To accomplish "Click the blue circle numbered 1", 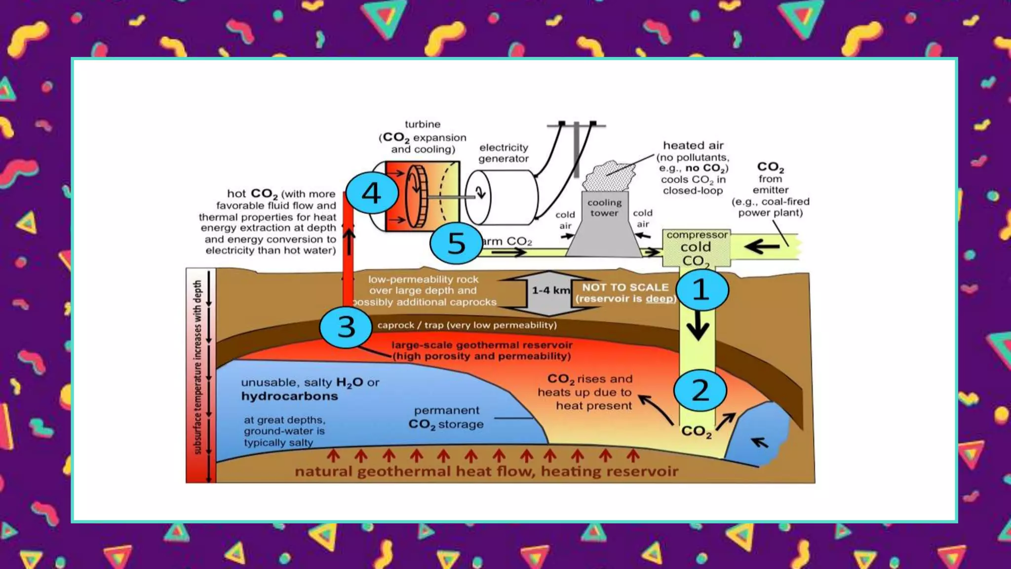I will pyautogui.click(x=702, y=290).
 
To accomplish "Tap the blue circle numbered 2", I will pyautogui.click(x=700, y=390).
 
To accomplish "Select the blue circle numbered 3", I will pyautogui.click(x=346, y=327).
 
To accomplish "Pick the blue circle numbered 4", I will pyautogui.click(x=372, y=193).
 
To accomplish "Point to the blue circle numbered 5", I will pyautogui.click(x=456, y=243).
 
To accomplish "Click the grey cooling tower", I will pyautogui.click(x=604, y=227).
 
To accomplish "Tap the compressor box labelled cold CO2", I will pyautogui.click(x=696, y=248).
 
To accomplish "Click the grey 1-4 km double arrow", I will pyautogui.click(x=549, y=293).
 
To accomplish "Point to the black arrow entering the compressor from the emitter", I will pyautogui.click(x=762, y=246).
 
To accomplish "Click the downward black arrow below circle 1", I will pyautogui.click(x=698, y=326).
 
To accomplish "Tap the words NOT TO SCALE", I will pyautogui.click(x=625, y=287).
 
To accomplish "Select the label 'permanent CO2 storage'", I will pyautogui.click(x=446, y=417).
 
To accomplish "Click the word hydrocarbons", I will pyautogui.click(x=290, y=396).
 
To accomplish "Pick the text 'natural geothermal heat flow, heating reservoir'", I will pyautogui.click(x=486, y=471).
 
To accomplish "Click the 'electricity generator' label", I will pyautogui.click(x=504, y=153).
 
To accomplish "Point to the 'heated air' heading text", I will pyautogui.click(x=693, y=145).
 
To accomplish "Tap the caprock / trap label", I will pyautogui.click(x=467, y=325).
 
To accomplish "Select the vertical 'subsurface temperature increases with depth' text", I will pyautogui.click(x=198, y=366).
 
